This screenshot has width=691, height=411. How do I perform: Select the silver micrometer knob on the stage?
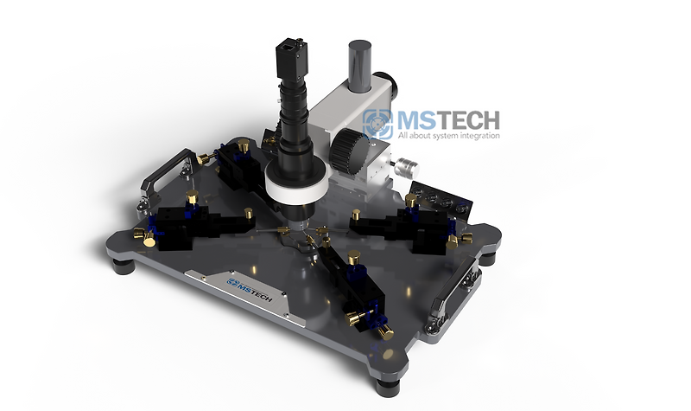point(402,165)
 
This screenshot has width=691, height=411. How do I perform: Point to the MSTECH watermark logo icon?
point(377,125)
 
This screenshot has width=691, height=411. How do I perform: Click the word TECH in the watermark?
point(470,120)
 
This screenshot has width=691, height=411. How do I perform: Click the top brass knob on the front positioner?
point(353,255)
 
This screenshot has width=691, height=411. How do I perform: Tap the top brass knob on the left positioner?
point(192,197)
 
